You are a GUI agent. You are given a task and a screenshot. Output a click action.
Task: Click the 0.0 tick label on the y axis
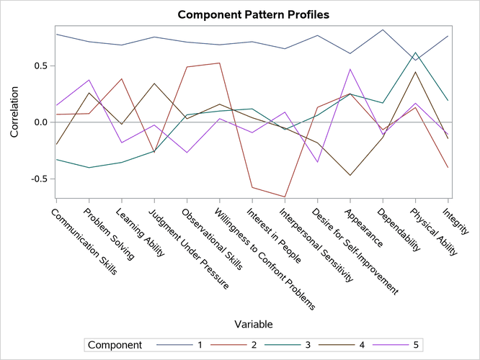point(40,122)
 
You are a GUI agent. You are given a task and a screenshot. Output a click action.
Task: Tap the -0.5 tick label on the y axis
point(37,179)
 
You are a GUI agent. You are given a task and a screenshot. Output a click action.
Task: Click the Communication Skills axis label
point(81,240)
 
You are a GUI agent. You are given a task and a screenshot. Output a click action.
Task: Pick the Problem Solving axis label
point(108,233)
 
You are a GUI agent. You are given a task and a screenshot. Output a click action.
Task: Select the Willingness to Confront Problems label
point(264,259)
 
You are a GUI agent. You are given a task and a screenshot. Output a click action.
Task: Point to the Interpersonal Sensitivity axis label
point(321,245)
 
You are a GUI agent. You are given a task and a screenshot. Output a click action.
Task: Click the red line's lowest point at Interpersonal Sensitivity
point(285,197)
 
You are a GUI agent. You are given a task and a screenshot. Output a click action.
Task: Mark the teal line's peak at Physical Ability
point(416,53)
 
